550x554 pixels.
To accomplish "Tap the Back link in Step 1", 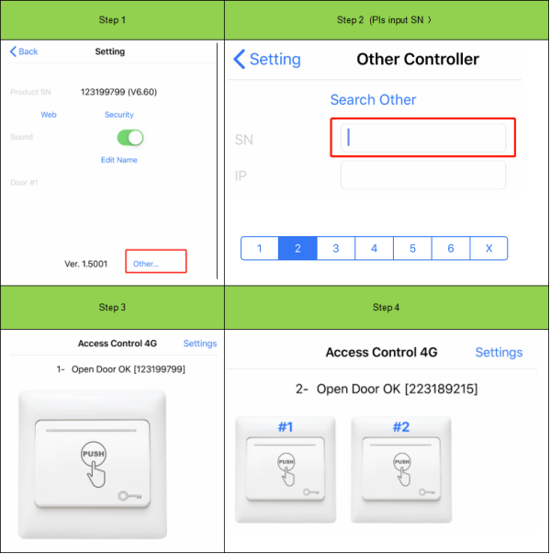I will click(x=24, y=51).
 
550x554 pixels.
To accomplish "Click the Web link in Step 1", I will click(x=49, y=115).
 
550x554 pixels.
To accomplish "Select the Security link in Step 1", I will click(x=118, y=115).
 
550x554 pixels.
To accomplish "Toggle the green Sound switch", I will click(x=130, y=138).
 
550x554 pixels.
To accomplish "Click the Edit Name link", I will click(x=118, y=160).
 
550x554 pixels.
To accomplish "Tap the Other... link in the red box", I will click(x=146, y=264).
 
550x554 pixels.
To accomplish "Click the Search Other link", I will click(x=373, y=99).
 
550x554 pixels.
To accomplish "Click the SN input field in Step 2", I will click(x=423, y=138).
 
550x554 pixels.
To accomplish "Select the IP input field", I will click(x=423, y=175).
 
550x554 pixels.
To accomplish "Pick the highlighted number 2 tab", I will click(x=297, y=248).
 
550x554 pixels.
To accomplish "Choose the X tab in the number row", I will click(x=488, y=248).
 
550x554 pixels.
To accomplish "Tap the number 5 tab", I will click(x=412, y=248).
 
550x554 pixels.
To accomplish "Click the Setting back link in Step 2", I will click(x=267, y=60).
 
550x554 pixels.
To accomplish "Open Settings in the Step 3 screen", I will click(x=200, y=344).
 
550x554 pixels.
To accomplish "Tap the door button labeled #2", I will click(x=400, y=471).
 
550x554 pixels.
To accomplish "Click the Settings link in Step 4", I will click(x=499, y=352).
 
